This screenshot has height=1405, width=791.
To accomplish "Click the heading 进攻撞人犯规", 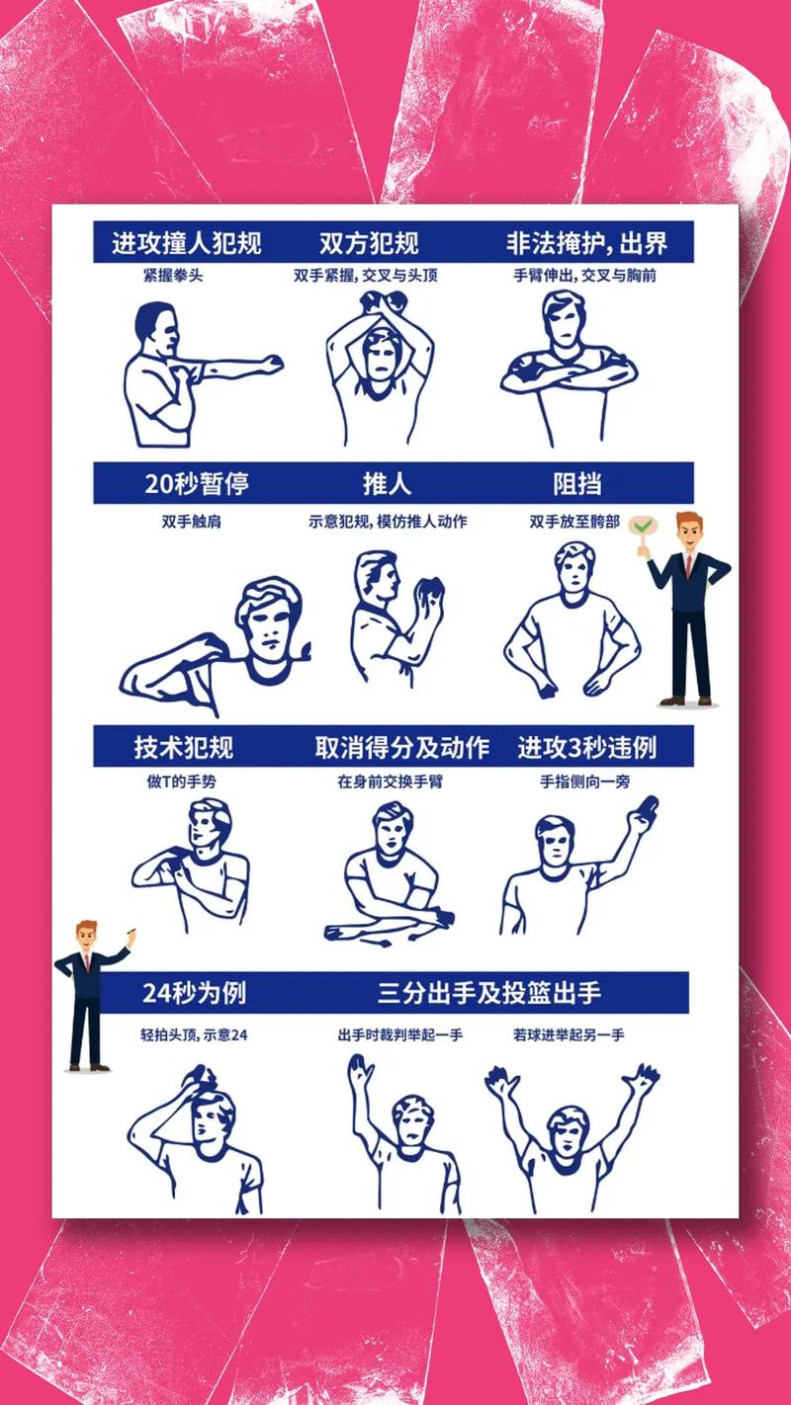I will coord(186,242).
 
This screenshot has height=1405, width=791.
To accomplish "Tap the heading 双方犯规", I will coord(369,242).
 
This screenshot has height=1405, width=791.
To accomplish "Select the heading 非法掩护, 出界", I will coord(586,242).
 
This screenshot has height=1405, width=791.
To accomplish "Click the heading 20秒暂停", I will coord(196,484).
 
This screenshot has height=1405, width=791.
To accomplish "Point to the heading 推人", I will coord(388,484).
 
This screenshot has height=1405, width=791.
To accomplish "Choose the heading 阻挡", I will coord(577,484).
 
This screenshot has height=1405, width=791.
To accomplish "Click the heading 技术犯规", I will coord(184,747).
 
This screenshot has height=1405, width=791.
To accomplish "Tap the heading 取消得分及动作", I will coord(401,747).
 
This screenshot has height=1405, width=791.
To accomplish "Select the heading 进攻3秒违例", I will coord(586,747).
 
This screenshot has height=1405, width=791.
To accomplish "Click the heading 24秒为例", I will coord(194,991).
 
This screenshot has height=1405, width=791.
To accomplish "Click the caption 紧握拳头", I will coord(173,276).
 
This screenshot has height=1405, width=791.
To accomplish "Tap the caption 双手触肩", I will coord(191,521).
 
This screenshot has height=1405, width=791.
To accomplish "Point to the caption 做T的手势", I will coord(181,782).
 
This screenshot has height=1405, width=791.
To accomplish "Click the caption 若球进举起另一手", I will coord(569,1035).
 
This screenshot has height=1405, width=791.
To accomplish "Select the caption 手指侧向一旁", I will coord(584,782).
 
